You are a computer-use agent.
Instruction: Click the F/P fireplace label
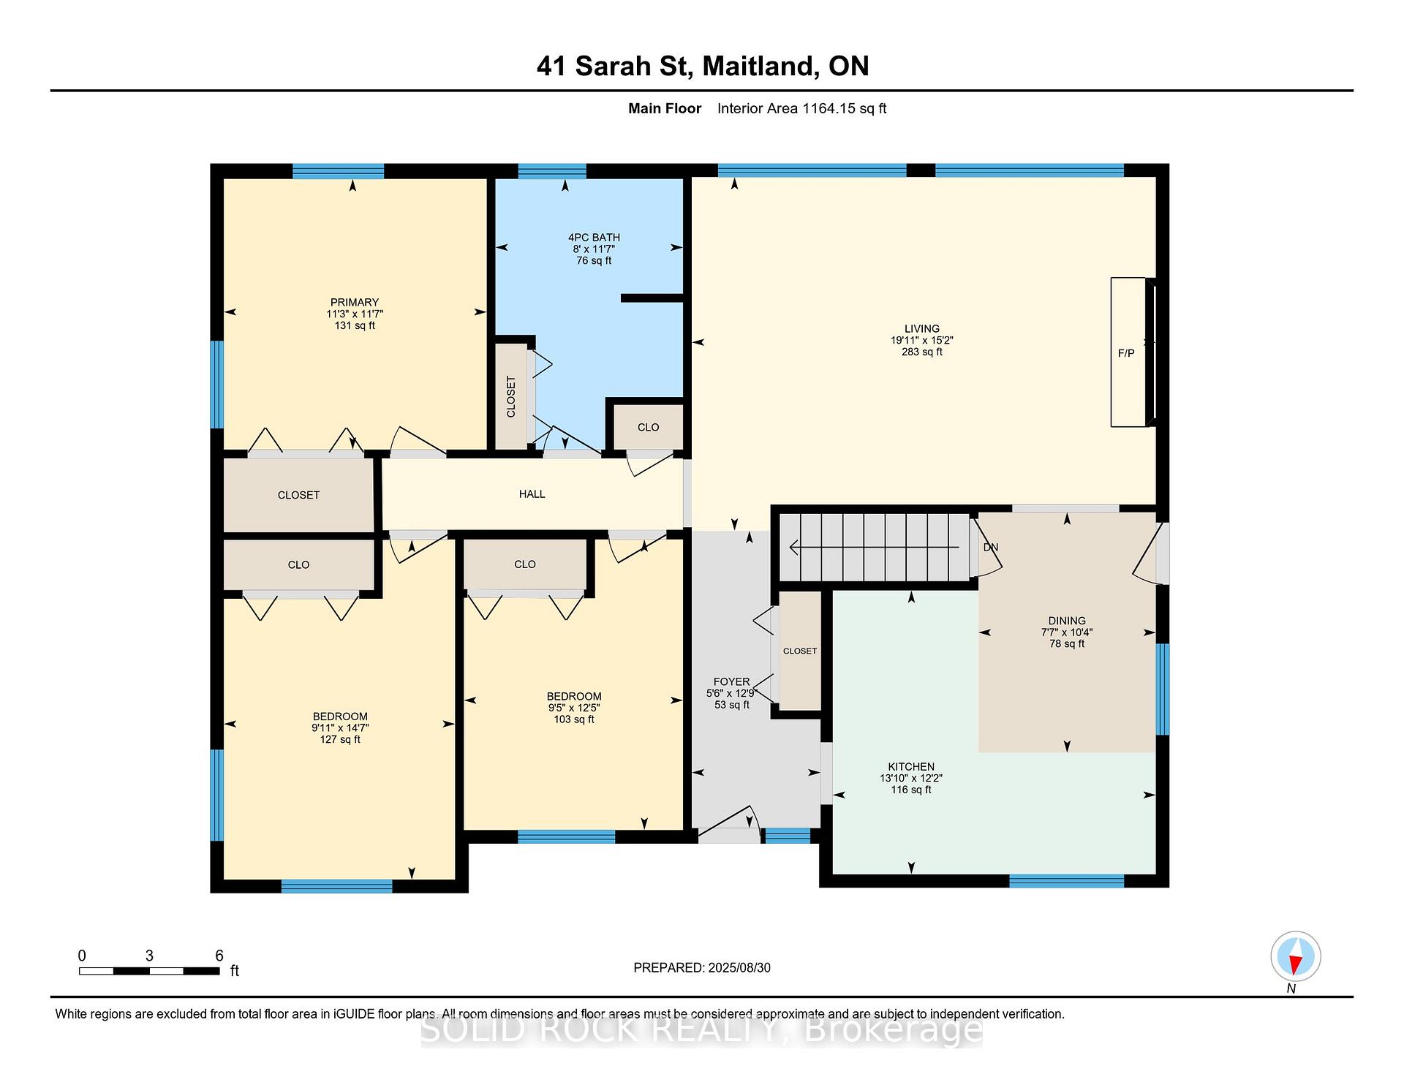[1126, 353]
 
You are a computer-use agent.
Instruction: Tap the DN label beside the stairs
[991, 547]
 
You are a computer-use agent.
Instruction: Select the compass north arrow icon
[1296, 956]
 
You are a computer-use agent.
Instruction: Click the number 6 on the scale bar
[219, 955]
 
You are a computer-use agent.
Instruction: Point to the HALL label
[532, 494]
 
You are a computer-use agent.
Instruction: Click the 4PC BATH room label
[594, 237]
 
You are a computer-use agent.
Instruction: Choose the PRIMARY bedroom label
[355, 302]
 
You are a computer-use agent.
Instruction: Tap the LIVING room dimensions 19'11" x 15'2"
[921, 340]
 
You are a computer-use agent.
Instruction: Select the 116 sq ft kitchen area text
[911, 790]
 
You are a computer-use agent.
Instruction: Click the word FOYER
[731, 681]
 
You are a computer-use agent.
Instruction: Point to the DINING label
[1067, 621]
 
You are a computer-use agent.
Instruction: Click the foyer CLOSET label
[800, 651]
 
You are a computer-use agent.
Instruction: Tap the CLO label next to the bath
[648, 427]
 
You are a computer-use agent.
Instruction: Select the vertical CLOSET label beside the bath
[511, 396]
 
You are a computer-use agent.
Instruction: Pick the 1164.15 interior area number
[829, 108]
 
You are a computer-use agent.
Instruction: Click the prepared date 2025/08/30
[739, 967]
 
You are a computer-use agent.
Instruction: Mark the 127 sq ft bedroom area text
[340, 739]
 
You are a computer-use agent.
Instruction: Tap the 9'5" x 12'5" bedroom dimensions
[574, 708]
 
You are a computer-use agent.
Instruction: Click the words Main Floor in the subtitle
[665, 108]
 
